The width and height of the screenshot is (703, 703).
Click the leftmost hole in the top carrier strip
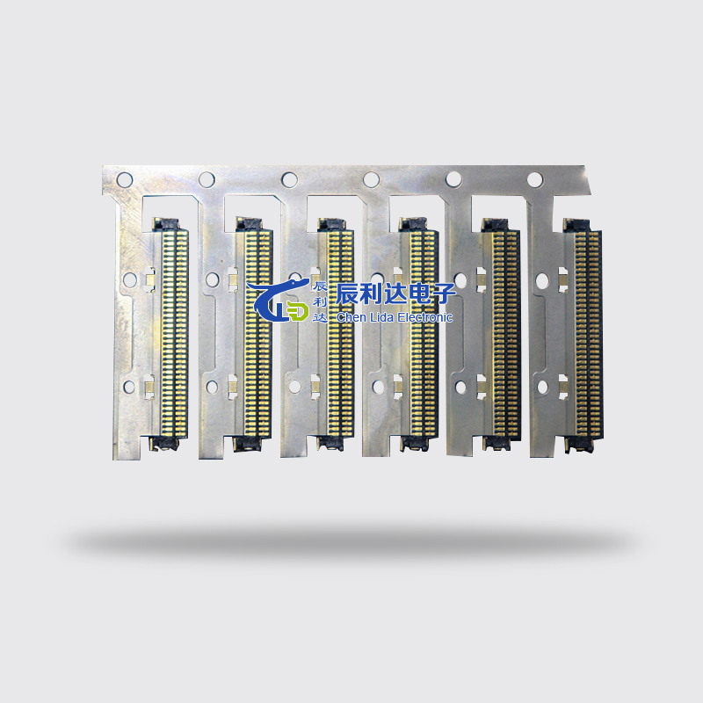pyautogui.click(x=125, y=180)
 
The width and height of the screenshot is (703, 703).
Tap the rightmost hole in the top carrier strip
pyautogui.click(x=535, y=179)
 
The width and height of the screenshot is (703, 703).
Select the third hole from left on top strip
pyautogui.click(x=289, y=179)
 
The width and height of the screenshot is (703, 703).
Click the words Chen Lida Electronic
pyautogui.click(x=394, y=317)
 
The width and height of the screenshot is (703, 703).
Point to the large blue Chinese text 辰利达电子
pyautogui.click(x=396, y=294)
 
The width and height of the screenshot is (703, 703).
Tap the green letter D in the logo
pyautogui.click(x=299, y=312)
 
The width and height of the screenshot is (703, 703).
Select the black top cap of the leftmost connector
pyautogui.click(x=165, y=224)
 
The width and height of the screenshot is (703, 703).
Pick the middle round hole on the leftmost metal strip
pyautogui.click(x=129, y=280)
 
